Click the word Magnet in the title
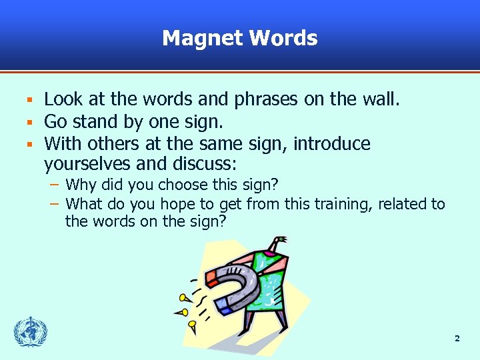[x=203, y=38]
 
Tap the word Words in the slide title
[x=283, y=38]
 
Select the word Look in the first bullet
[x=64, y=100]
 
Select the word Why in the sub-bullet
[x=80, y=184]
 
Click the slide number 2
[x=457, y=339]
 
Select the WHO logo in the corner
[x=31, y=332]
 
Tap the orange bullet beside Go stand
[x=29, y=123]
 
